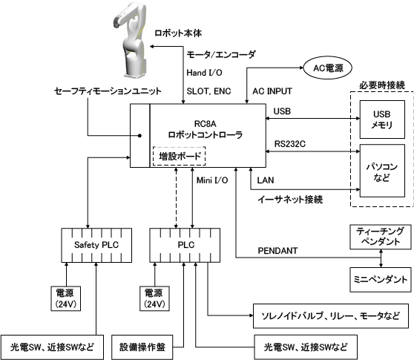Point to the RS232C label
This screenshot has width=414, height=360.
point(290,144)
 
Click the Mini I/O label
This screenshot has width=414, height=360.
point(212,180)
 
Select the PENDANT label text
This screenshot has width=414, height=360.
point(277,251)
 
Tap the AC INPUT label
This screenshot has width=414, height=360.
point(272,91)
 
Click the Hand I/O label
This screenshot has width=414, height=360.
point(204,73)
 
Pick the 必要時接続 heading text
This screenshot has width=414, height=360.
point(382,85)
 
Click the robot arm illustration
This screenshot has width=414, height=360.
point(130,39)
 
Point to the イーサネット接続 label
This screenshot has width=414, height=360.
point(290,199)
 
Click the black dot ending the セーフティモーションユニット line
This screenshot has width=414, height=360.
point(140,136)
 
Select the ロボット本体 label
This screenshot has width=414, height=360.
point(178,33)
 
